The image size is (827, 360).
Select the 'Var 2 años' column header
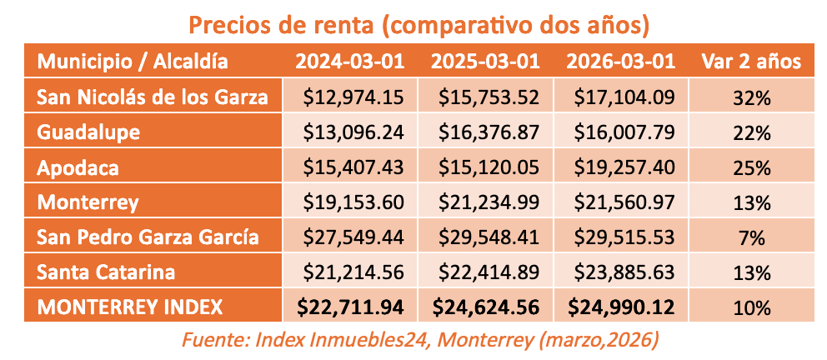(x=751, y=62)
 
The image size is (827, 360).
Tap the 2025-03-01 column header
(x=487, y=62)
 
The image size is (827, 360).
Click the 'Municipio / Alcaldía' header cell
(x=133, y=62)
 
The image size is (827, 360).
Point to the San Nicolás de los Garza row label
(x=153, y=97)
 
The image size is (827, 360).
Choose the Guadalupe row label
(x=88, y=132)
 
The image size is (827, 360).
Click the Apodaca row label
(x=78, y=167)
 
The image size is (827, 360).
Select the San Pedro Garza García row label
(x=148, y=237)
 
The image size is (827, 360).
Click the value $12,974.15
(x=353, y=97)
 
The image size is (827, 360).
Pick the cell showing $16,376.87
(x=488, y=132)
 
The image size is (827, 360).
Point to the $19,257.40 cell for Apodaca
(x=623, y=167)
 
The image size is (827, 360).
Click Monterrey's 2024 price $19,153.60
(x=353, y=202)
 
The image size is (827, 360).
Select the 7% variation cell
(x=751, y=237)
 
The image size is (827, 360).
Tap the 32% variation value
(x=751, y=97)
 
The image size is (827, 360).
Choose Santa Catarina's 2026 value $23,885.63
(x=623, y=272)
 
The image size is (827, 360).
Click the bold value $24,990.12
(x=621, y=307)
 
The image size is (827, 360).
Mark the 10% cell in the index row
(x=751, y=307)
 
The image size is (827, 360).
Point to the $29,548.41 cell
(x=488, y=237)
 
